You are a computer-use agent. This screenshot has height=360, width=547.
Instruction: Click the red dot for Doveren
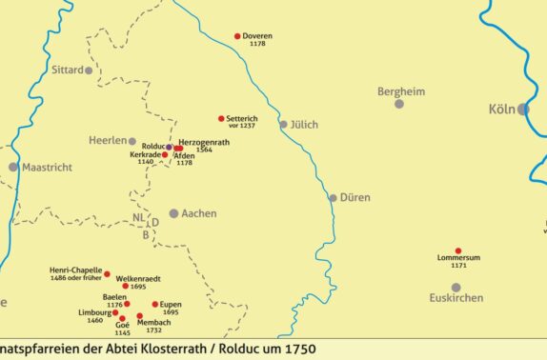click(x=237, y=36)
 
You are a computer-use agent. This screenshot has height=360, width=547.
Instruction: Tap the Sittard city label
click(x=67, y=70)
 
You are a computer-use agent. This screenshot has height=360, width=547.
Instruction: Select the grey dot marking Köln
click(x=523, y=110)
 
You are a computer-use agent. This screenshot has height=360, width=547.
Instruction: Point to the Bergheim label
click(x=400, y=91)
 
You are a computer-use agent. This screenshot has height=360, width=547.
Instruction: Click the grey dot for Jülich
click(x=283, y=124)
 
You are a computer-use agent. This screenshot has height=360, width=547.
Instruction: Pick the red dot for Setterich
click(x=221, y=118)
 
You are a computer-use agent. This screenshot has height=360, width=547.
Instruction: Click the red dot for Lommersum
click(x=458, y=250)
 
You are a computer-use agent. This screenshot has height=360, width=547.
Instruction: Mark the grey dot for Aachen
click(x=173, y=213)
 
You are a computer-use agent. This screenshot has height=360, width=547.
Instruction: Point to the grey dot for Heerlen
click(x=132, y=141)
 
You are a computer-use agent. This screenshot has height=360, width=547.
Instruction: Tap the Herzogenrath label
click(x=203, y=141)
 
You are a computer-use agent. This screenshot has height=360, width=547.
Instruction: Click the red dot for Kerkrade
click(x=165, y=154)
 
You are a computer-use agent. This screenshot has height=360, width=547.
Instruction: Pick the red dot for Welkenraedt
click(x=121, y=278)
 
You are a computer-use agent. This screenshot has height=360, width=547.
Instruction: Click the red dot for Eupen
click(x=155, y=305)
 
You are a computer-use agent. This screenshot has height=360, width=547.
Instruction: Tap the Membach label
click(x=155, y=322)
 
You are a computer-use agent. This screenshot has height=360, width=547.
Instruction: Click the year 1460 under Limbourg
click(x=94, y=320)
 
